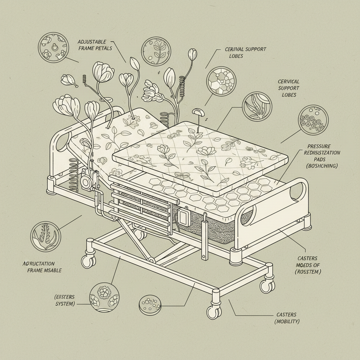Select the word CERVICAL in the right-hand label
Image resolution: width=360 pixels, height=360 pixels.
pos(289,82)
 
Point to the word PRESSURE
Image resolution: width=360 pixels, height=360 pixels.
pos(319,146)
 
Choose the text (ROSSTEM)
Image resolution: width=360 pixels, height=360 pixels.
pos(308,271)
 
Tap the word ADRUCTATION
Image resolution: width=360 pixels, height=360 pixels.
pos(39,263)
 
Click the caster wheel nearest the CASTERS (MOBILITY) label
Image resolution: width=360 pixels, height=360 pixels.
pos(213,311)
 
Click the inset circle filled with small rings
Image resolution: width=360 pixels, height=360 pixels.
pos(313,120)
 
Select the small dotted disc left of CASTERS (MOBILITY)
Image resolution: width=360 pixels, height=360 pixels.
pos(150,305)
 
